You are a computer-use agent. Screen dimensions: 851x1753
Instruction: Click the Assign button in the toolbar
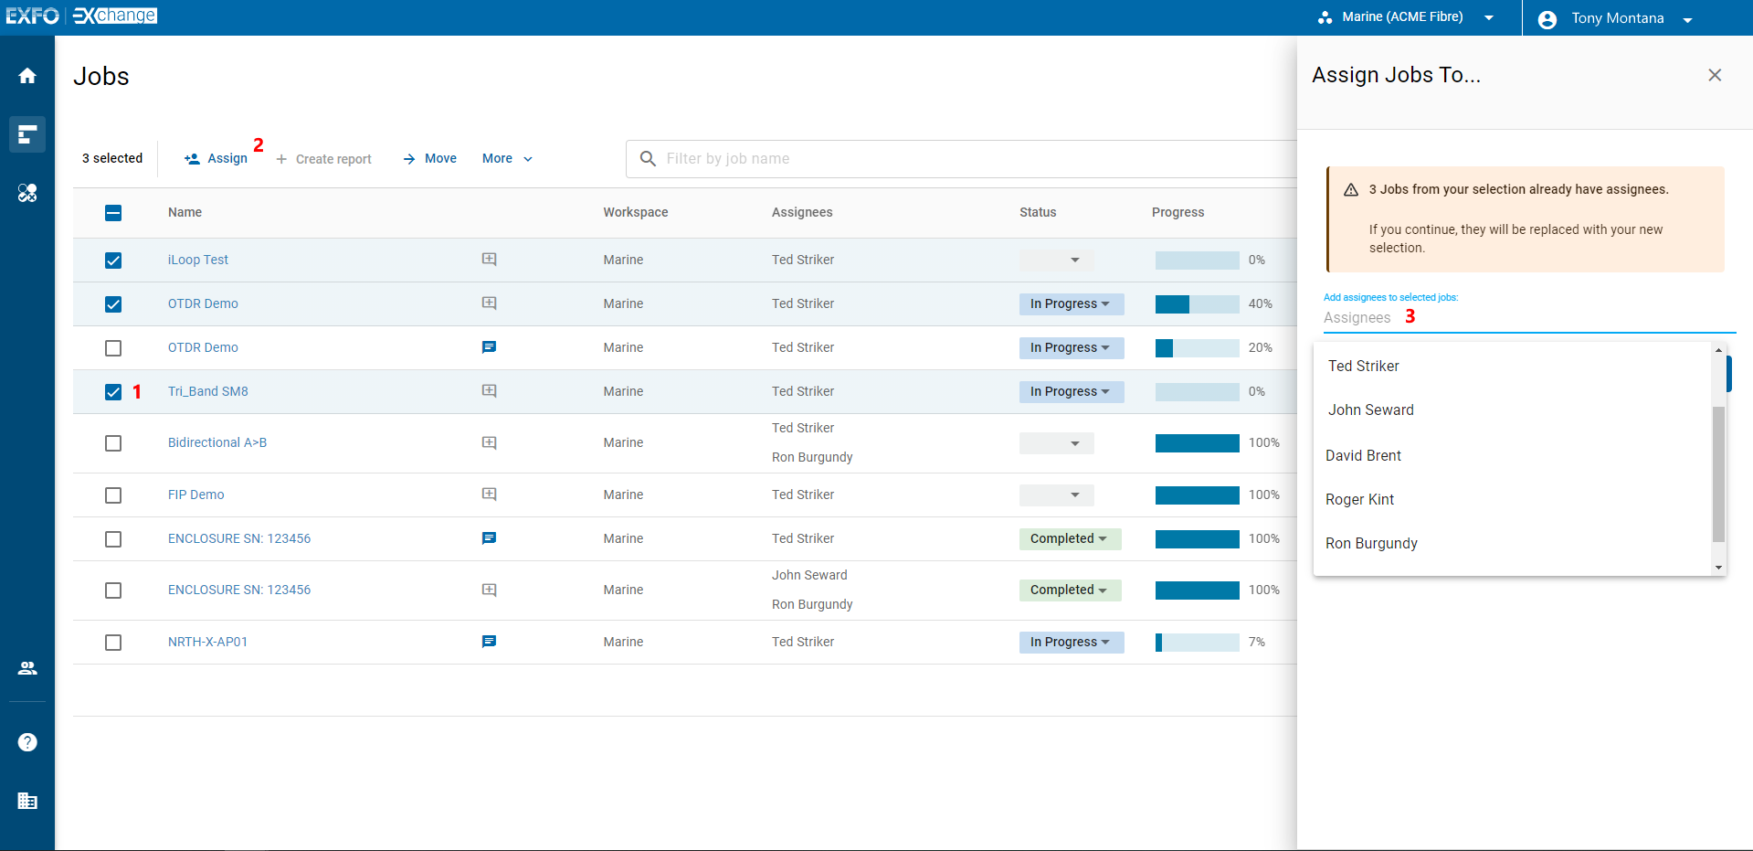[x=216, y=158]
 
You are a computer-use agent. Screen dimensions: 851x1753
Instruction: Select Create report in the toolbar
[x=324, y=159]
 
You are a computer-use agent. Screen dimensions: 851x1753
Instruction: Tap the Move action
[x=430, y=158]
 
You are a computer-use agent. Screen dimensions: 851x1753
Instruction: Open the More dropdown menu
[x=507, y=158]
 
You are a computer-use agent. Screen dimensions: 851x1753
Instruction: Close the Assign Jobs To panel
[x=1715, y=75]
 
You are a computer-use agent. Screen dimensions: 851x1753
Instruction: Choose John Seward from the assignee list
[x=1370, y=410]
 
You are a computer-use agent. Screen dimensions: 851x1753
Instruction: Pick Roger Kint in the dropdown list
[x=1359, y=499]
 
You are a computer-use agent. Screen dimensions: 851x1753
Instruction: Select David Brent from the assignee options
[x=1363, y=455]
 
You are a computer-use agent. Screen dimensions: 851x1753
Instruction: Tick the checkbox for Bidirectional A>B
[x=113, y=443]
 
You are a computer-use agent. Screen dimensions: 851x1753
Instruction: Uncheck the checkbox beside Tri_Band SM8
[x=113, y=392]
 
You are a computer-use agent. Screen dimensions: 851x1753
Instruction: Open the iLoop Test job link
[x=197, y=260]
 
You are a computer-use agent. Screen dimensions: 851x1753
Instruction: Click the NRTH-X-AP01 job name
[x=207, y=642]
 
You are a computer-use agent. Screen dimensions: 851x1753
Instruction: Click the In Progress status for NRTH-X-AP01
[x=1071, y=643]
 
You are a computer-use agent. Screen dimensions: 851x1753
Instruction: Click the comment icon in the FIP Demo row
[x=490, y=495]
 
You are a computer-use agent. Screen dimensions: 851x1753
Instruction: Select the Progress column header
[x=1177, y=212]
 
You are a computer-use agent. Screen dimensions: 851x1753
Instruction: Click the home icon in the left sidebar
[x=27, y=76]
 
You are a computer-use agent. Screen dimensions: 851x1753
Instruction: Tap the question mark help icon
[x=27, y=742]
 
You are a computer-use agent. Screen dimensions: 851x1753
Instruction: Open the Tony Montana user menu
[x=1616, y=18]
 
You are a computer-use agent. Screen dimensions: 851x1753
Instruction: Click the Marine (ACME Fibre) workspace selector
[x=1405, y=17]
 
